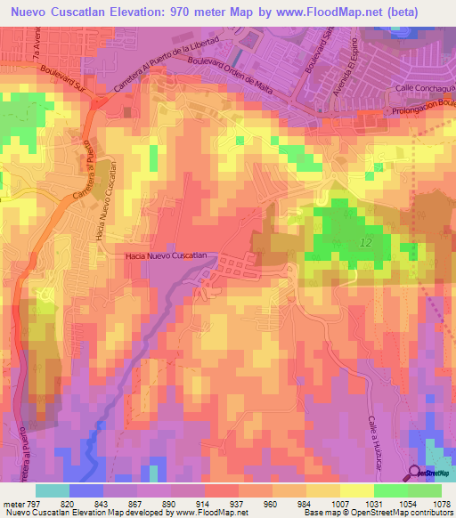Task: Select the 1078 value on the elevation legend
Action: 440,504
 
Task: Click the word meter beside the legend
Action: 11,504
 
